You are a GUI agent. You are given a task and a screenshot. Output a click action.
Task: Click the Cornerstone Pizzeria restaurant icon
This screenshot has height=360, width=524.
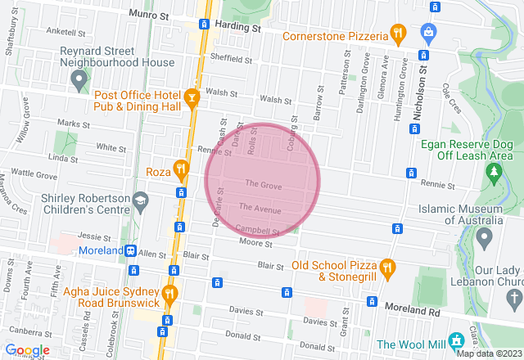pyautogui.click(x=398, y=34)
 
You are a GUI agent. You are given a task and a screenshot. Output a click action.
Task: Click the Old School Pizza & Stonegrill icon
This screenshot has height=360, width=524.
pyautogui.click(x=388, y=267)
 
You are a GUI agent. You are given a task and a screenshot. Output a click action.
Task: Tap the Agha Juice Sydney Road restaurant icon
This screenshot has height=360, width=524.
pyautogui.click(x=169, y=293)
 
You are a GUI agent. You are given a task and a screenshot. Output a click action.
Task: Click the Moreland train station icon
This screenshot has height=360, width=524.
pyautogui.click(x=131, y=250)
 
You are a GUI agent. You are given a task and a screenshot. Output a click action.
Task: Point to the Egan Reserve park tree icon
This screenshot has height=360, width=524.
pyautogui.click(x=493, y=172)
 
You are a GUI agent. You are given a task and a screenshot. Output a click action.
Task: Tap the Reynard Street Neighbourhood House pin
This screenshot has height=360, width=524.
pyautogui.click(x=79, y=79)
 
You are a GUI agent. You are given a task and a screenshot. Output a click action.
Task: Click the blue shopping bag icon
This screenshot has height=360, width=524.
pyautogui.click(x=427, y=34)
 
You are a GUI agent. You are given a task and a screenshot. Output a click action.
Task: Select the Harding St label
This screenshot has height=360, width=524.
pyautogui.click(x=239, y=26)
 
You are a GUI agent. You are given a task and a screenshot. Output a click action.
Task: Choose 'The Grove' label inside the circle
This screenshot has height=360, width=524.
pyautogui.click(x=263, y=187)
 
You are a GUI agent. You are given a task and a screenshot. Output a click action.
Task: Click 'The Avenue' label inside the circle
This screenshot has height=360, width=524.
pyautogui.click(x=260, y=210)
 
